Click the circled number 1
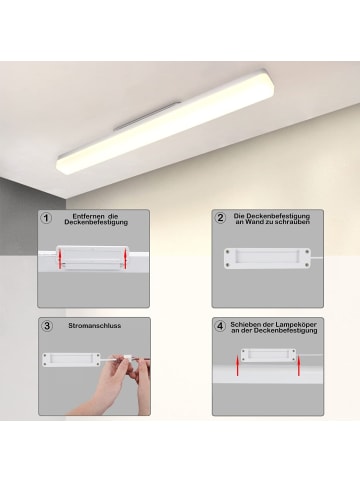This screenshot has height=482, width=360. [46, 217]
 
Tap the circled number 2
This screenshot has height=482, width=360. [220, 217]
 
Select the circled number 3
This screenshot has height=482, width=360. [46, 326]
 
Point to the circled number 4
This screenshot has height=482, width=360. [220, 326]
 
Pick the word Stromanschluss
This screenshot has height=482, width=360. [96, 326]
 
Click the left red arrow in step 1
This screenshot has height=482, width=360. [60, 260]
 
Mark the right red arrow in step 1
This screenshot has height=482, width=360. [124, 260]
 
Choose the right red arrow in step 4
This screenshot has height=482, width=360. [297, 360]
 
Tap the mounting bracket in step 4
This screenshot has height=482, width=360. [268, 355]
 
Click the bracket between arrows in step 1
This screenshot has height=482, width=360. [92, 259]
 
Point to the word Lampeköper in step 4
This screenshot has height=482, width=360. [297, 323]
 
